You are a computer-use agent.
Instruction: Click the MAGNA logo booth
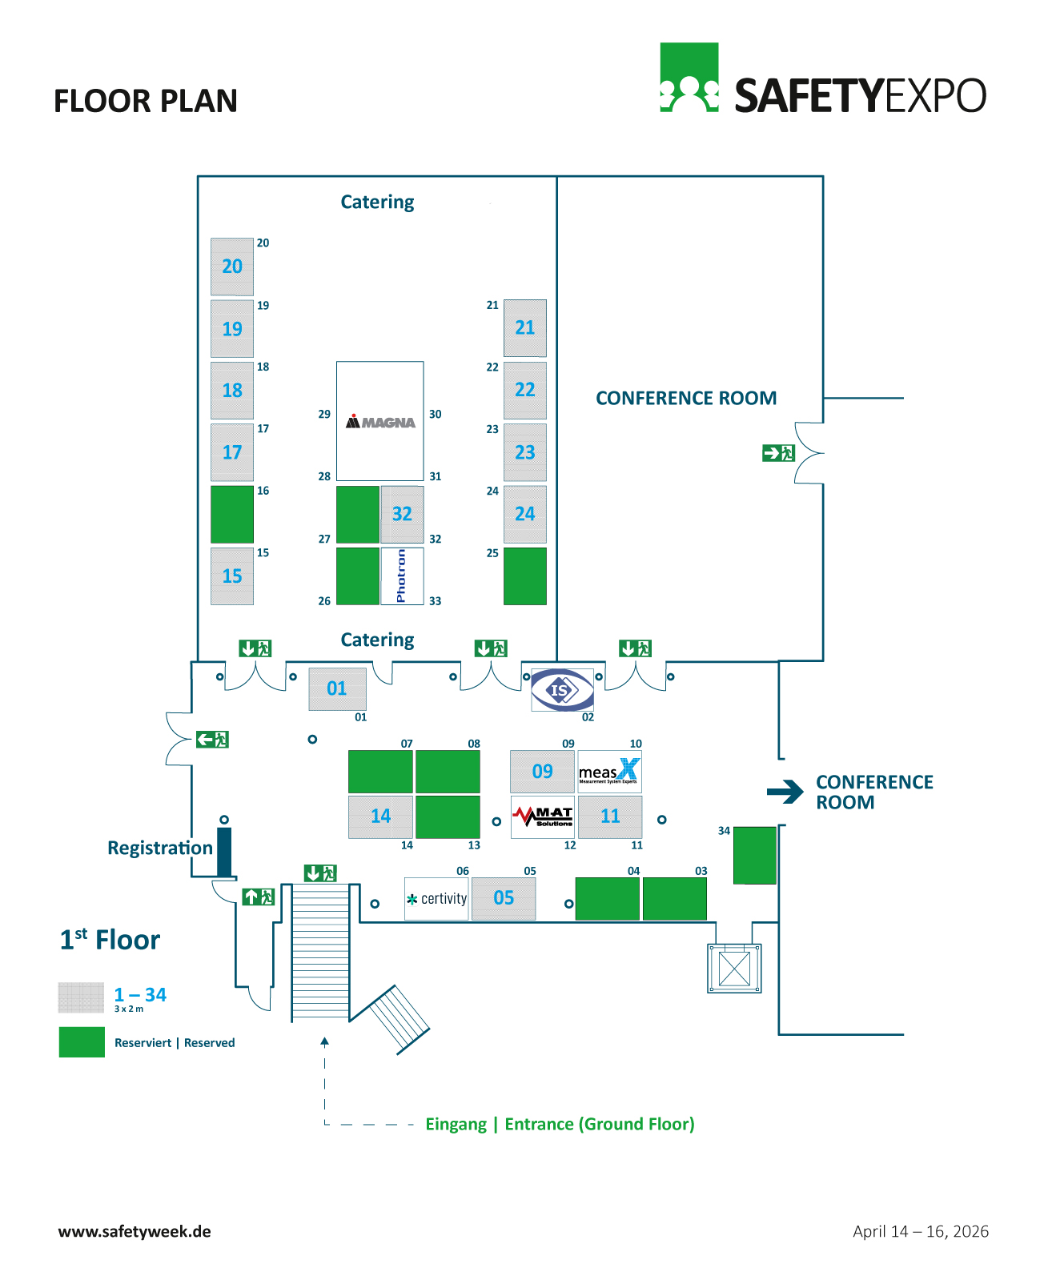pos(380,421)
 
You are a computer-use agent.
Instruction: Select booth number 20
pos(232,267)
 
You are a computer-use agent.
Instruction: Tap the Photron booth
pos(402,576)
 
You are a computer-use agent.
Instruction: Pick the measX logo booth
pos(609,771)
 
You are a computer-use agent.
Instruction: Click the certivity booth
pos(436,898)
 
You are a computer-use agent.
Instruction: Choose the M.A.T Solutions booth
pos(543,817)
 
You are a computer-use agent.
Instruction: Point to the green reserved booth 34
pos(755,855)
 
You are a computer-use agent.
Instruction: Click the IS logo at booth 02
pos(563,689)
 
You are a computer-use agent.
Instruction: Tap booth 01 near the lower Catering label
pos(337,688)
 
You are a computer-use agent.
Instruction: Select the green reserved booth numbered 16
pos(232,514)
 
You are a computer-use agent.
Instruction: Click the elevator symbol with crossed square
pos(734,969)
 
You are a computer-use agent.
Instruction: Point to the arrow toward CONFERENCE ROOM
pos(785,792)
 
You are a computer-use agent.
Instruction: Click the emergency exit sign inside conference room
pos(778,453)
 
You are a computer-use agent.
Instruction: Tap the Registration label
pos(160,848)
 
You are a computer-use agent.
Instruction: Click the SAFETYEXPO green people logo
pos(689,78)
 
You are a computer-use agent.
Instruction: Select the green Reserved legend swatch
pos(82,1042)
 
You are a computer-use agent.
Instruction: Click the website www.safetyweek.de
pos(135,1231)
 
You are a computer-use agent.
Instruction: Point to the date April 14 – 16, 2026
pos(921,1231)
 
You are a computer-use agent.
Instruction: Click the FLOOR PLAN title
pos(146,101)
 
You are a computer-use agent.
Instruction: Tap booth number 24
pos(525,514)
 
